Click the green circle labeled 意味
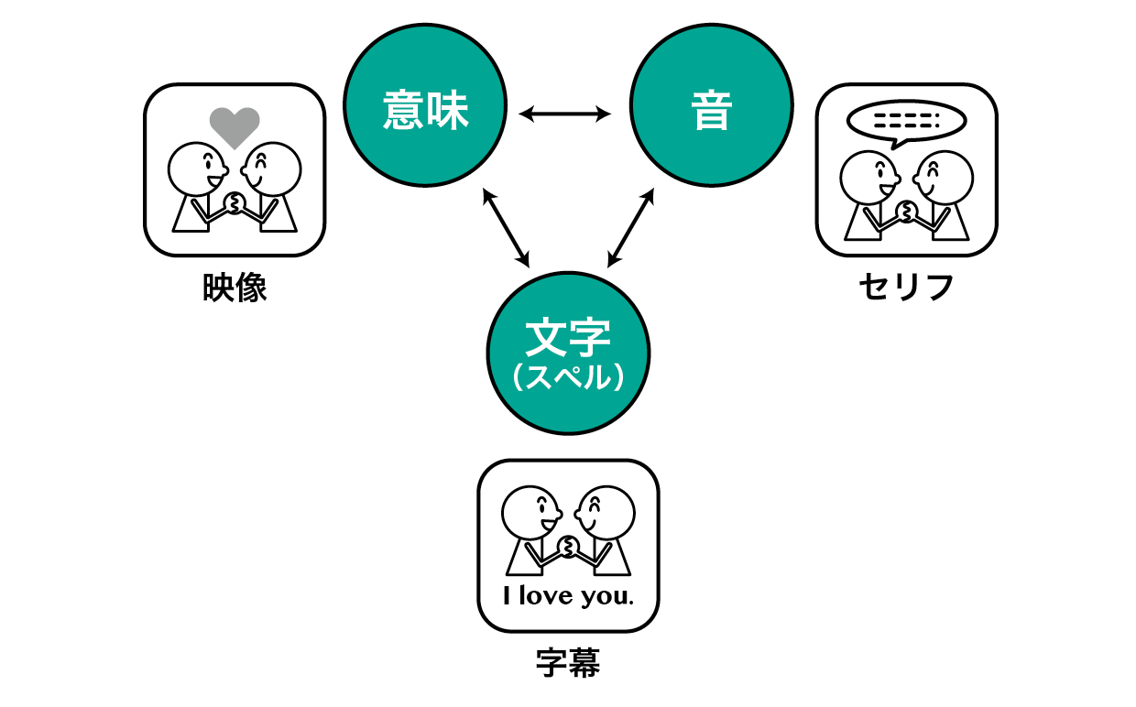pos(425,105)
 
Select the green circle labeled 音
pos(712,105)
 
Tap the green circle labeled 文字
pos(568,353)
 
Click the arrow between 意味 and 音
pos(564,114)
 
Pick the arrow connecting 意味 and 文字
pos(506,227)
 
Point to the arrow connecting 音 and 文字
pos(631,227)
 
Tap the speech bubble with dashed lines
pos(906,123)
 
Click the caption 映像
pos(235,288)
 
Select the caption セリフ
pos(906,287)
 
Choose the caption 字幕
pos(568,663)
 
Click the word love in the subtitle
pos(546,595)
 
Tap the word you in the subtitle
pos(607,597)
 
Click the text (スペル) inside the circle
pos(568,377)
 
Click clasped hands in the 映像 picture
pos(235,202)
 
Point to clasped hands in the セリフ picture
pos(906,212)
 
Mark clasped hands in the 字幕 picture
pos(568,547)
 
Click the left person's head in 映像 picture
pos(197,169)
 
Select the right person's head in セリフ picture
pos(944,178)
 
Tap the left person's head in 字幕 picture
pos(531,513)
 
